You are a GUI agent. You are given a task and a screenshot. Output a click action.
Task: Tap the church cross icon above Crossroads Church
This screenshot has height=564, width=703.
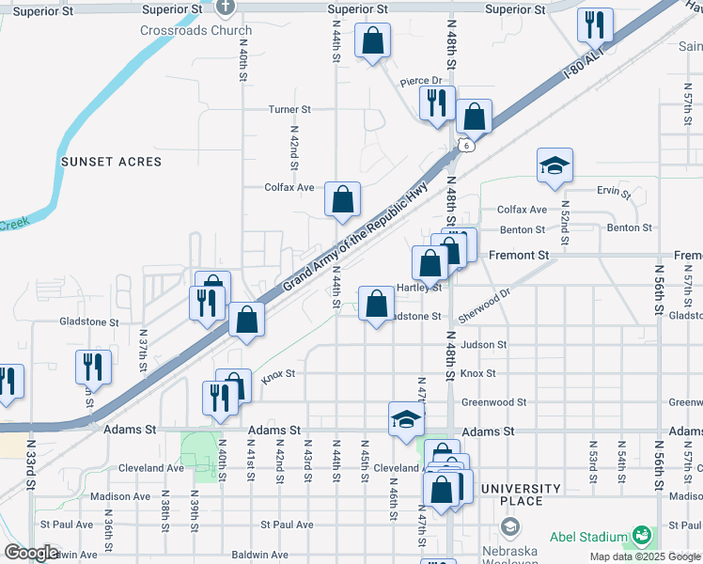pyautogui.click(x=225, y=8)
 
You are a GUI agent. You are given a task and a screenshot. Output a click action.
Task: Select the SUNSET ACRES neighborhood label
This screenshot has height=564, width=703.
pyautogui.click(x=112, y=162)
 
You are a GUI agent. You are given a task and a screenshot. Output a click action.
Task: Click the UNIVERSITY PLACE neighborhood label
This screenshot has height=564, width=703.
pyautogui.click(x=521, y=494)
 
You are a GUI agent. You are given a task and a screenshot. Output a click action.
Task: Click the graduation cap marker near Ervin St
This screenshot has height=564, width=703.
pyautogui.click(x=555, y=165)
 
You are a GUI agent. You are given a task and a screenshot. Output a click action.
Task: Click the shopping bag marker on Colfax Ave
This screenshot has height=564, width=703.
pyautogui.click(x=343, y=199)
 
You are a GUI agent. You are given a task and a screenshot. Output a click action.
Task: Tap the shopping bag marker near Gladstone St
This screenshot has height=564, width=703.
pyautogui.click(x=376, y=304)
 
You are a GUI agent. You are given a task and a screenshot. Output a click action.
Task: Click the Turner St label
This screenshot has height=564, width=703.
pyautogui.click(x=289, y=110)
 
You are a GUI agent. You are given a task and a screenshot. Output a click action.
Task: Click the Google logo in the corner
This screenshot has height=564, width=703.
pyautogui.click(x=31, y=553)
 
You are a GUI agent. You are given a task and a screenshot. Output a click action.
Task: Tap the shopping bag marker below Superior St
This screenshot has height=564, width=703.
pyautogui.click(x=372, y=41)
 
